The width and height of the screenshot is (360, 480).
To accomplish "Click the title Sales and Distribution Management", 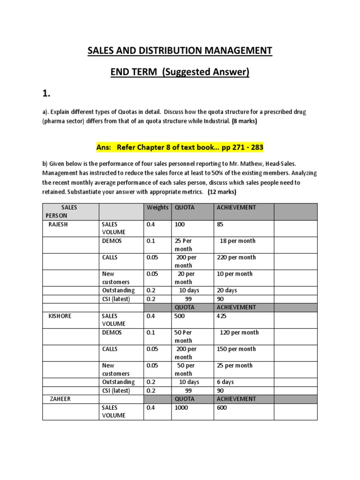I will click(180, 50).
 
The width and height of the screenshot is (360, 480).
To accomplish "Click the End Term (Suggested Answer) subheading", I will click(180, 72).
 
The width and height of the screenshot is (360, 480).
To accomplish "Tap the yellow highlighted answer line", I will click(180, 147).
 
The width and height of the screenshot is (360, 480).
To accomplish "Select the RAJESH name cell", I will click(59, 225).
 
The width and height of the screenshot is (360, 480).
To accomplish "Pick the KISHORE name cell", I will click(60, 316).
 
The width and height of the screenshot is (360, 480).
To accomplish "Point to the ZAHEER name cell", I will click(59, 399).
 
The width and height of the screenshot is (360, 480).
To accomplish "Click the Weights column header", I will click(157, 208).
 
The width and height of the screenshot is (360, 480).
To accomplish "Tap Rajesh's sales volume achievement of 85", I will click(220, 225).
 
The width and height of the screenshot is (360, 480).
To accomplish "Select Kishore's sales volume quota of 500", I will click(180, 316).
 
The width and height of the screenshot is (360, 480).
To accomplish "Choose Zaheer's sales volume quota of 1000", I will click(181, 408).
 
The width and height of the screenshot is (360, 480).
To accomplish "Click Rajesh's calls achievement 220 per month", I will click(236, 257).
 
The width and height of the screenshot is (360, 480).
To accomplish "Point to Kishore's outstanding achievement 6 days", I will click(225, 382).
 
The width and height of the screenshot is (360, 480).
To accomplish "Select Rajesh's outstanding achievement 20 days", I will click(226, 291).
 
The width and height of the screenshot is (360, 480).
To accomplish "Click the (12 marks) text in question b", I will click(222, 192).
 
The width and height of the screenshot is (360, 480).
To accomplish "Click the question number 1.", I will click(46, 94).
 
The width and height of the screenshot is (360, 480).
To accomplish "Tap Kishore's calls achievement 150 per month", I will click(236, 349).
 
